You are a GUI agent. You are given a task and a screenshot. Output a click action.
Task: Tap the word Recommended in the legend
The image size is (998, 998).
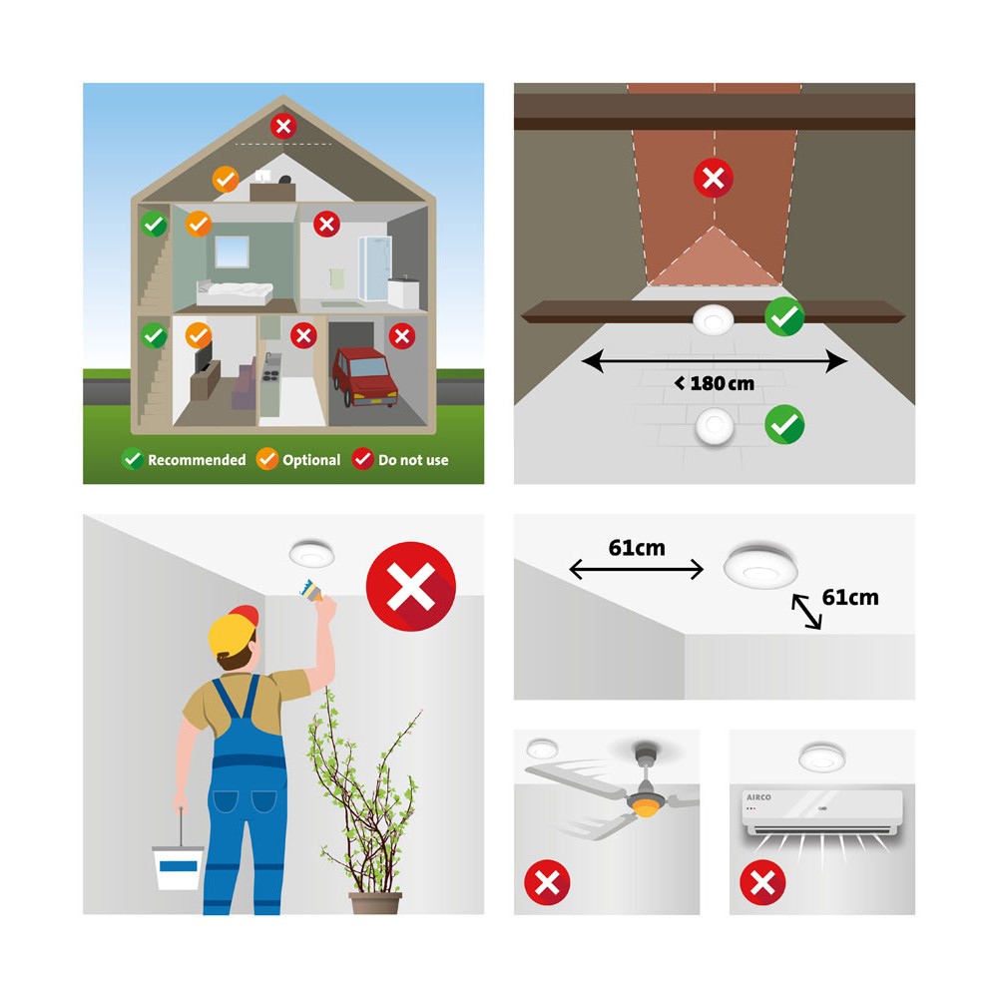(x=197, y=460)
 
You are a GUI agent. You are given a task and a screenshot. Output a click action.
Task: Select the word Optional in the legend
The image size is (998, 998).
(x=311, y=460)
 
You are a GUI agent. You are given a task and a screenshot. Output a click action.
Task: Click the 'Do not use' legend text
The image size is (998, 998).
(x=413, y=460)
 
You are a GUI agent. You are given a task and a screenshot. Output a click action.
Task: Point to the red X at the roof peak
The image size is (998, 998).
(x=283, y=126)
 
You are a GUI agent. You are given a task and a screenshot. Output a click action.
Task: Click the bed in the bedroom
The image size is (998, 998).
(x=235, y=292)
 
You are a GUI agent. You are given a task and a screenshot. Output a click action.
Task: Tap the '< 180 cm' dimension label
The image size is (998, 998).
(x=715, y=383)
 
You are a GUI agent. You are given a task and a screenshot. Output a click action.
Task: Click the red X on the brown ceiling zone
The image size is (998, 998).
(x=713, y=178)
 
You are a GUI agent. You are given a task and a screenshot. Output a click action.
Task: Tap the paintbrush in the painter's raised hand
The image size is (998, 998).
(x=311, y=590)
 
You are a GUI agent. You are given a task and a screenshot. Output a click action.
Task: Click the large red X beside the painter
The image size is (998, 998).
(x=410, y=586)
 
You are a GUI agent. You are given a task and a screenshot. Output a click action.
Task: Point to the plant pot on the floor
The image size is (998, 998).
(x=375, y=903)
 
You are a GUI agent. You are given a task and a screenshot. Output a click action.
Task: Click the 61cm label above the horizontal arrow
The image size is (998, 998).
(x=637, y=547)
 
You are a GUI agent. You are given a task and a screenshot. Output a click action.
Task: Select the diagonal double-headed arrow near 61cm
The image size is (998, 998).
(x=806, y=611)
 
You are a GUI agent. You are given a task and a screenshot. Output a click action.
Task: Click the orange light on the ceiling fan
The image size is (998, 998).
(x=646, y=809)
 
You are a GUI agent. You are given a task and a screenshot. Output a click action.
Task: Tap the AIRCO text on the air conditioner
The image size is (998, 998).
(x=758, y=796)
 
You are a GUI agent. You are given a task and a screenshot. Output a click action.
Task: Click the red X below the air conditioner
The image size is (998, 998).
(x=762, y=883)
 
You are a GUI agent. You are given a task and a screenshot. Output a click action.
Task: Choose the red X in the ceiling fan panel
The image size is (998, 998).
(x=547, y=883)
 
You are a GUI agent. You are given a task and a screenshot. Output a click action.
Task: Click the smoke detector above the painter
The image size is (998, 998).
(x=311, y=553)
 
